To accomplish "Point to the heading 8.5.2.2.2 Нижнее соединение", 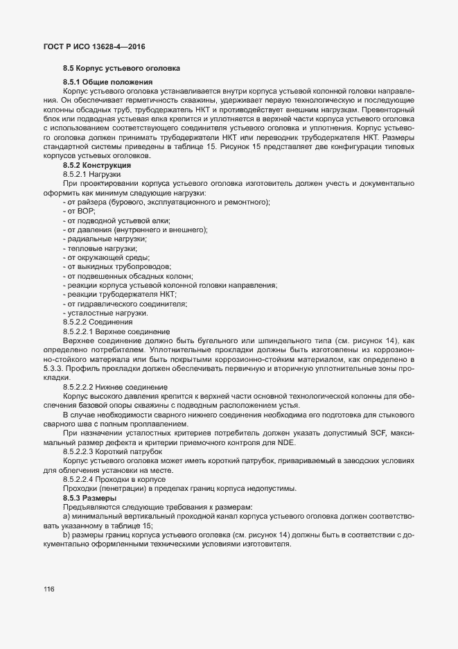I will (114, 386).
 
